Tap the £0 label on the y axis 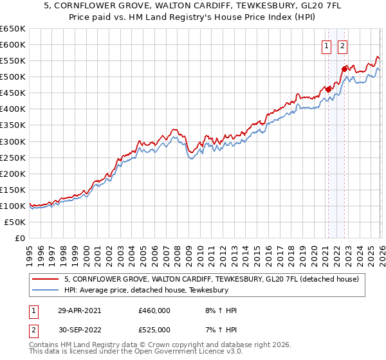[x=19, y=238]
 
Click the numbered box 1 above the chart [x=327, y=46]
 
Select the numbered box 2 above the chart [x=342, y=46]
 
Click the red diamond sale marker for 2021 [x=328, y=89]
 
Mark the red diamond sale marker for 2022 [x=344, y=69]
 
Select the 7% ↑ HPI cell [x=221, y=330]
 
